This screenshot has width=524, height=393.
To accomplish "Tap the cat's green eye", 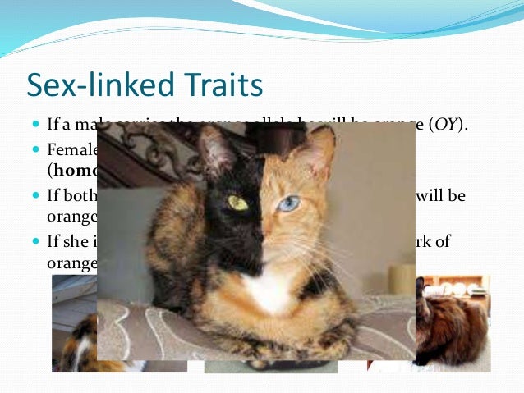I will (x=237, y=202).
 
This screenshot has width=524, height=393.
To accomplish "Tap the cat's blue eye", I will (x=287, y=203).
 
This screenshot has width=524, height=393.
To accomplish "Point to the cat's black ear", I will (x=216, y=152).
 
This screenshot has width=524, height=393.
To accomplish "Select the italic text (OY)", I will (x=448, y=126).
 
